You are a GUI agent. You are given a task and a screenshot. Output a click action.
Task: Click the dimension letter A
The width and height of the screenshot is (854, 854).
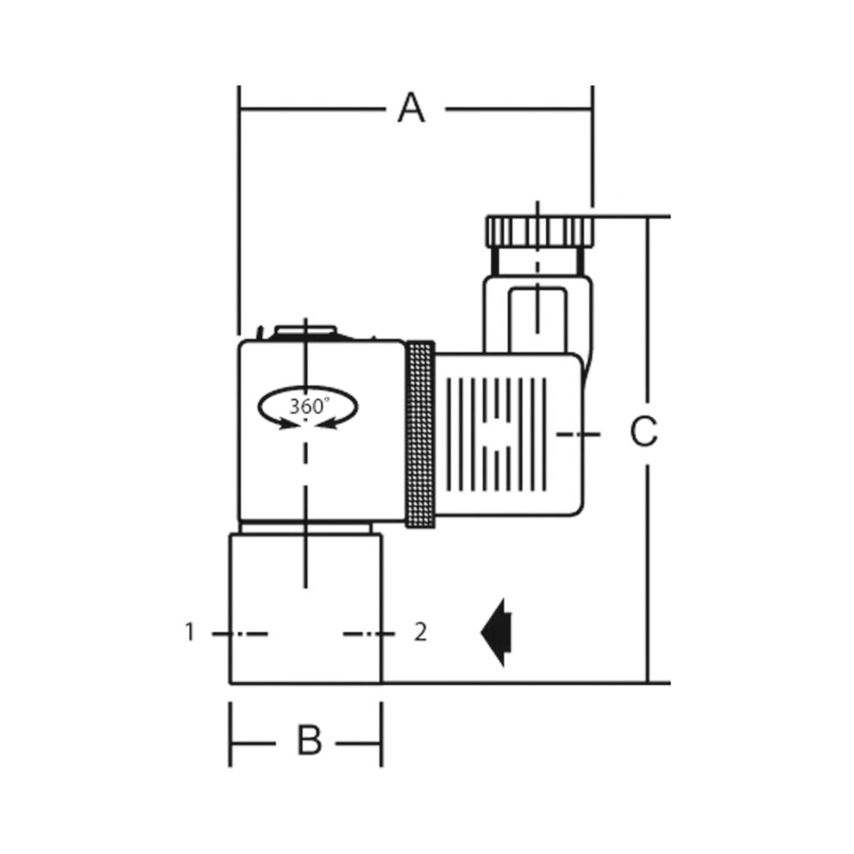(x=410, y=108)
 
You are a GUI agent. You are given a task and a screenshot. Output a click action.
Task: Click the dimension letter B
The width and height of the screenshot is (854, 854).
(x=309, y=740)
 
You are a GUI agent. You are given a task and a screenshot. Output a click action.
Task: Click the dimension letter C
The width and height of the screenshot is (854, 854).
(x=643, y=432)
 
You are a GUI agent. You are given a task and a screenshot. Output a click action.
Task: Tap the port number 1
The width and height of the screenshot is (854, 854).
(x=189, y=632)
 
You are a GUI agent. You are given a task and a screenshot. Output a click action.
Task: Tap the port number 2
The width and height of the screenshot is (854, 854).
(x=421, y=632)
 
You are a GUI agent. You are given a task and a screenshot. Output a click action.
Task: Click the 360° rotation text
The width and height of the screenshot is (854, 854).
(x=309, y=406)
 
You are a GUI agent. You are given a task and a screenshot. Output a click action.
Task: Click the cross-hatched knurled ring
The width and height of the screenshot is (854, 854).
(x=419, y=434)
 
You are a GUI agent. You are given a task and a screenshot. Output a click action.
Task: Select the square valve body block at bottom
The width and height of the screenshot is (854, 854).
(x=305, y=609)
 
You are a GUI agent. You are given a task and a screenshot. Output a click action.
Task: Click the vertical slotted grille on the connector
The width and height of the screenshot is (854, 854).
(x=497, y=433)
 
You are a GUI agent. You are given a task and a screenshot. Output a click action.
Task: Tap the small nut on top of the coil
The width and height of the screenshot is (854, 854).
(x=305, y=332)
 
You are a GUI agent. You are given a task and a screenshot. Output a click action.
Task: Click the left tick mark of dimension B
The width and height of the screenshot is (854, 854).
(x=231, y=735)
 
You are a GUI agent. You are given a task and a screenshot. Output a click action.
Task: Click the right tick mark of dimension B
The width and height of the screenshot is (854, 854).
(x=381, y=735)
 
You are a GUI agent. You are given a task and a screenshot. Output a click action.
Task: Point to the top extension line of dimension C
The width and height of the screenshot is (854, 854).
(x=634, y=216)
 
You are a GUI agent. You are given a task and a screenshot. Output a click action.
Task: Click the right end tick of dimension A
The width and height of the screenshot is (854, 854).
(x=592, y=109)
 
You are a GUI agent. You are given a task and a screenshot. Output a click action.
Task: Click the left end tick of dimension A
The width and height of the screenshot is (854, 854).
(x=239, y=109)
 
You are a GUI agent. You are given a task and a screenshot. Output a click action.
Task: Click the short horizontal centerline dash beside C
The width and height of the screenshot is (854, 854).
(x=579, y=434)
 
